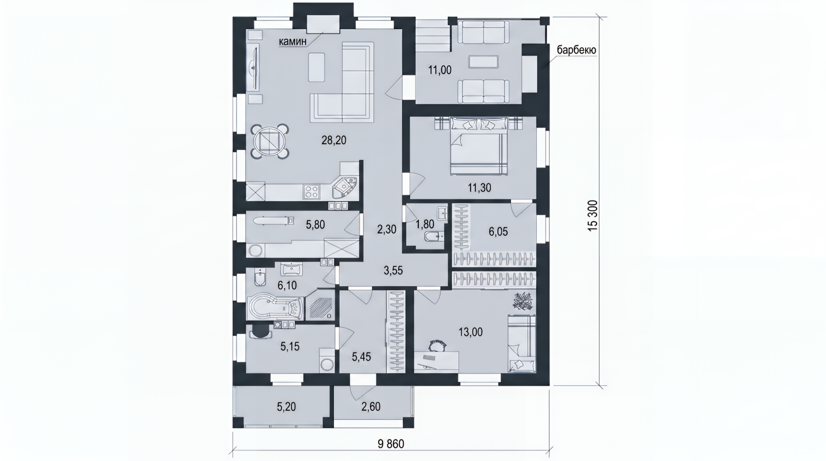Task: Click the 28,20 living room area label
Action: click(x=334, y=140)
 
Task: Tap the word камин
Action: click(x=293, y=41)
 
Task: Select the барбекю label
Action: click(x=576, y=50)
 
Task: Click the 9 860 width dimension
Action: click(x=391, y=444)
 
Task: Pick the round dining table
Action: click(x=270, y=141)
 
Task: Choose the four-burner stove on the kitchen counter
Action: click(x=311, y=192)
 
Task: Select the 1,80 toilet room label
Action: click(x=425, y=224)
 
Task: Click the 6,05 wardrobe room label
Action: click(x=498, y=232)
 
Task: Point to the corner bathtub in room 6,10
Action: click(x=276, y=307)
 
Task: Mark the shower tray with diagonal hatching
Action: click(x=319, y=305)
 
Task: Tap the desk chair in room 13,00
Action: click(x=438, y=345)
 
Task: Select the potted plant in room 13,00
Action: click(x=523, y=301)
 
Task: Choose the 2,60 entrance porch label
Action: click(x=371, y=406)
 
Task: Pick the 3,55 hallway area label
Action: click(x=393, y=271)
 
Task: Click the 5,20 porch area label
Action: click(x=286, y=406)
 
